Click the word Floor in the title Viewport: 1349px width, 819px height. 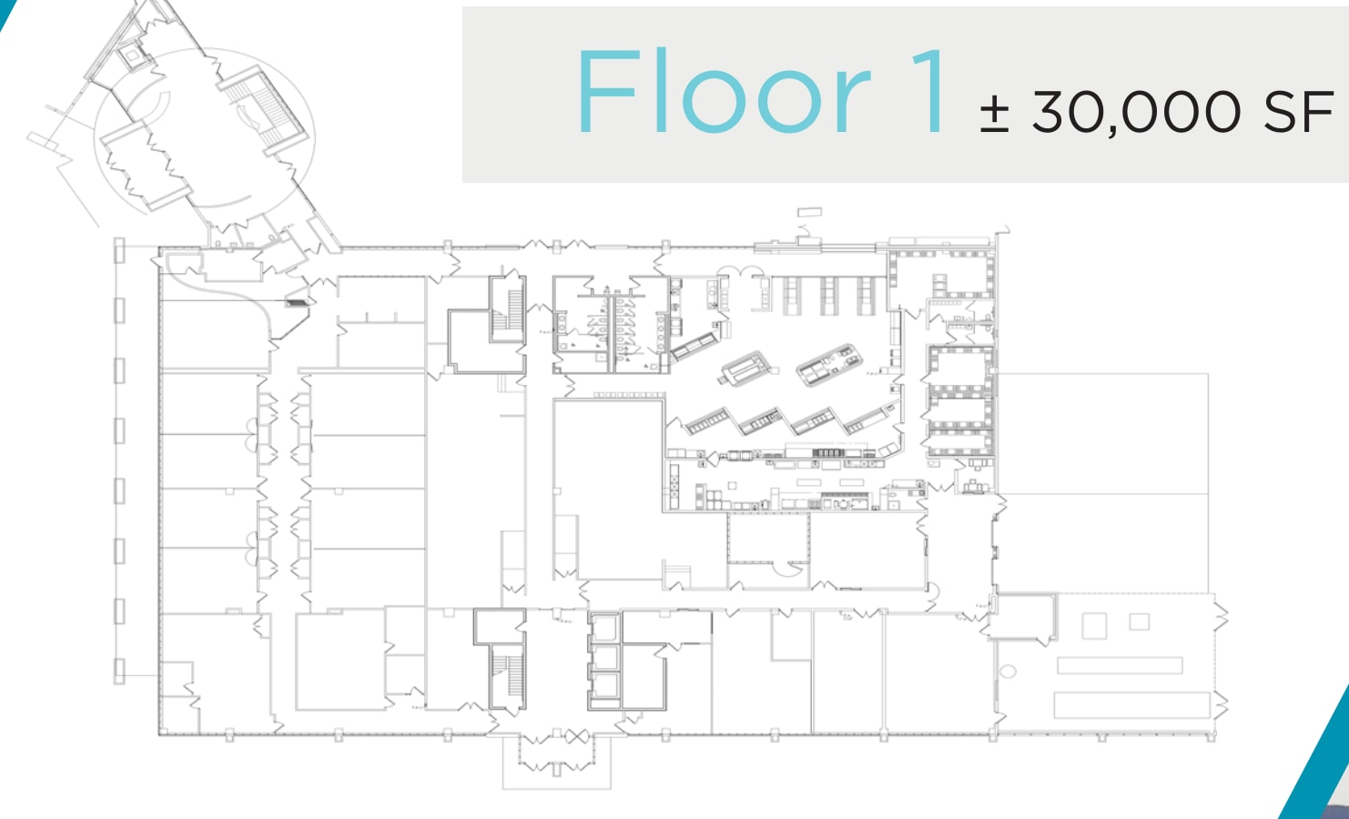724,93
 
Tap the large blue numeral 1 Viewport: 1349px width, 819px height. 930,93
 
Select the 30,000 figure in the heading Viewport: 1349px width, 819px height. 1136,112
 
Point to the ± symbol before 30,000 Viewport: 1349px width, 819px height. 994,114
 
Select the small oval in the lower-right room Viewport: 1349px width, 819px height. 1008,672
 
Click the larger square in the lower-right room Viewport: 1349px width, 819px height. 1094,626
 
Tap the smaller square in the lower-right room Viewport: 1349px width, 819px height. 1139,622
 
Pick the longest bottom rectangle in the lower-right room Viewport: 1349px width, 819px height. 1131,703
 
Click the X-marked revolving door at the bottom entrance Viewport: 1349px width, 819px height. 575,737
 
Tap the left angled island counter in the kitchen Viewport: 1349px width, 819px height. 748,368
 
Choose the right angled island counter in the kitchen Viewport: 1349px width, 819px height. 827,364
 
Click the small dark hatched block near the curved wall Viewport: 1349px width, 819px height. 296,302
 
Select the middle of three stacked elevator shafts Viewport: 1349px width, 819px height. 604,657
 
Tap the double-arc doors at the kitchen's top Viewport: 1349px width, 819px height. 740,272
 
